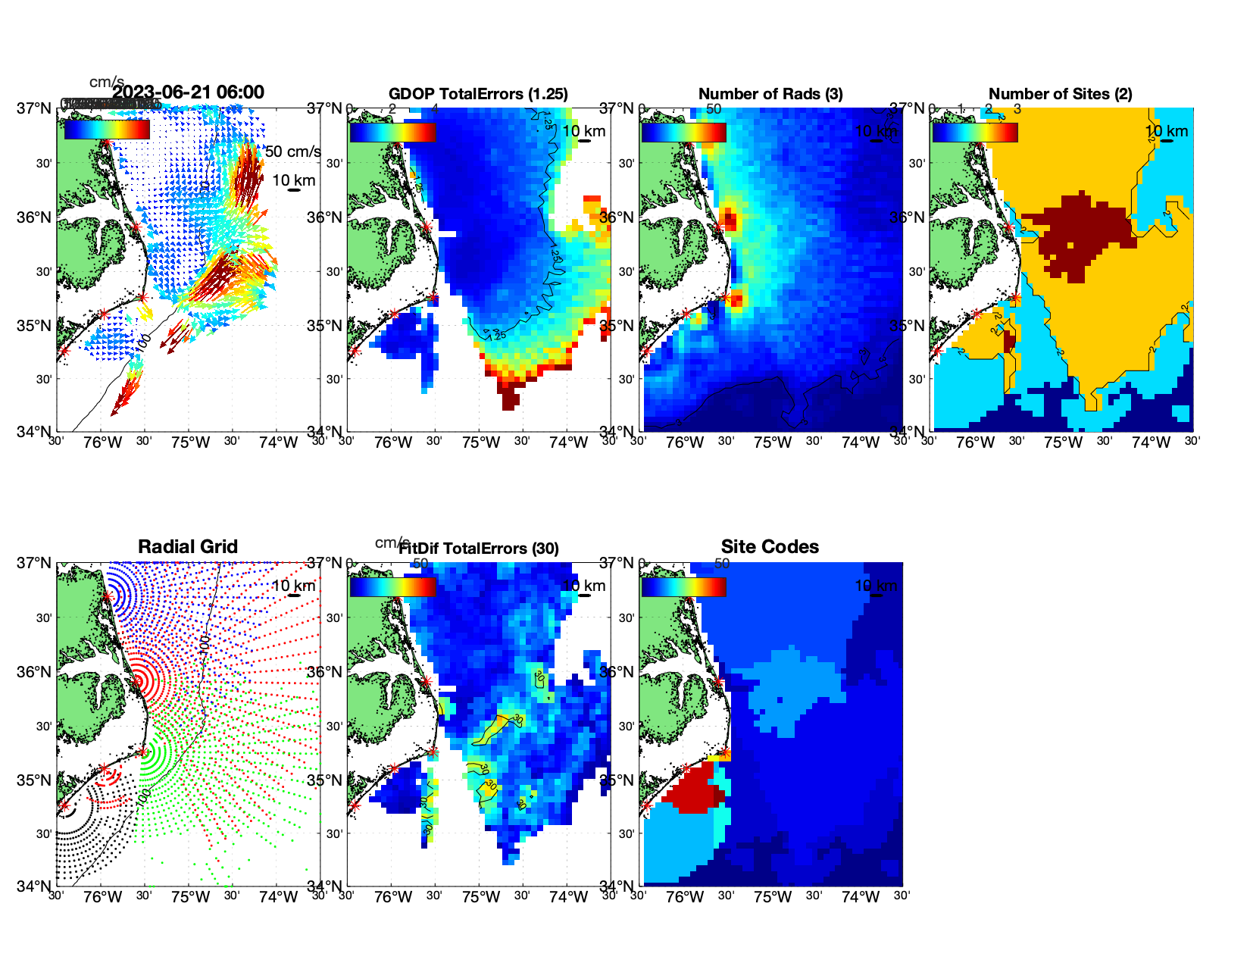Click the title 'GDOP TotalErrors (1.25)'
[478, 94]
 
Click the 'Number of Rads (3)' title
[770, 94]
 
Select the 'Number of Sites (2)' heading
[1060, 94]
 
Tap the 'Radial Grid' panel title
[188, 546]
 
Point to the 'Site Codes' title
[770, 546]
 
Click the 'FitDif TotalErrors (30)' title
[479, 549]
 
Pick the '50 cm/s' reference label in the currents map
[292, 152]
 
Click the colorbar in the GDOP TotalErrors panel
[392, 132]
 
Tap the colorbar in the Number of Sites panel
[975, 132]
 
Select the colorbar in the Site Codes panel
[683, 586]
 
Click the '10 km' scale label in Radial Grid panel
[293, 586]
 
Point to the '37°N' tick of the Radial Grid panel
[34, 563]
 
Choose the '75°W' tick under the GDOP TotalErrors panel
[480, 442]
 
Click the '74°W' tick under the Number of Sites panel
[1150, 442]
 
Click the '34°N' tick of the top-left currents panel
[34, 431]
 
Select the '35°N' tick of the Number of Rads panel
[617, 326]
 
